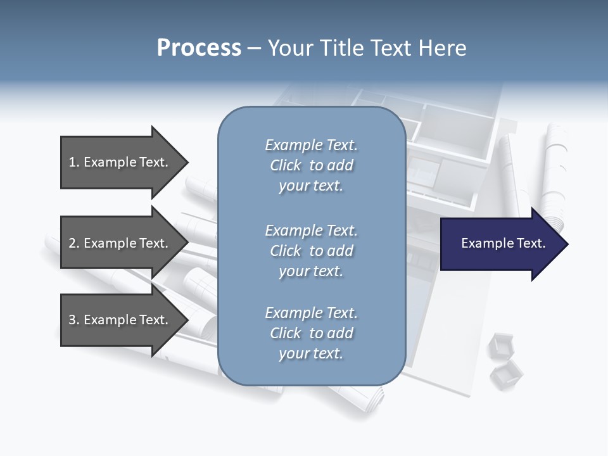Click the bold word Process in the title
pyautogui.click(x=199, y=48)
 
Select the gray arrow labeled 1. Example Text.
pyautogui.click(x=120, y=162)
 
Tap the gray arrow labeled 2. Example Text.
pyautogui.click(x=120, y=243)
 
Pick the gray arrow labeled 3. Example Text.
pyautogui.click(x=120, y=320)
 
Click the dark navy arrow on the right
pyautogui.click(x=500, y=244)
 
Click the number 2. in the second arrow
pyautogui.click(x=73, y=243)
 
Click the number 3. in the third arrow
pyautogui.click(x=73, y=320)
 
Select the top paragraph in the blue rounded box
pyautogui.click(x=311, y=165)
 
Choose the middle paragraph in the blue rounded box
pyautogui.click(x=311, y=251)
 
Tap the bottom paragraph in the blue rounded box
pyautogui.click(x=311, y=333)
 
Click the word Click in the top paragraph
pyautogui.click(x=286, y=165)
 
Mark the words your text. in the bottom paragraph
pyautogui.click(x=311, y=353)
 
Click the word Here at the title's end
pyautogui.click(x=443, y=48)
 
